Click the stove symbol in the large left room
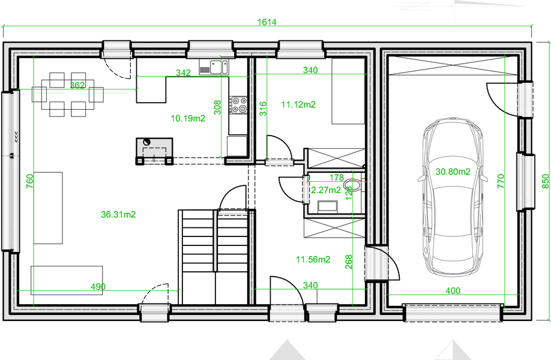(x=155, y=148)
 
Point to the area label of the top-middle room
(x=298, y=104)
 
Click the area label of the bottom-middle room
(x=313, y=260)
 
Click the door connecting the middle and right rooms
(x=378, y=262)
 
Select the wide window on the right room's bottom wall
(x=453, y=313)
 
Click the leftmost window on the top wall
(x=116, y=49)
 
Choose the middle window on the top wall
(x=211, y=49)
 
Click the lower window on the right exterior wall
(x=525, y=182)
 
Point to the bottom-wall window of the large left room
(x=155, y=313)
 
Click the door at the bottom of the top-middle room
(x=279, y=161)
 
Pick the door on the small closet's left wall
(x=304, y=190)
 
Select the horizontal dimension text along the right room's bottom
(x=453, y=290)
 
